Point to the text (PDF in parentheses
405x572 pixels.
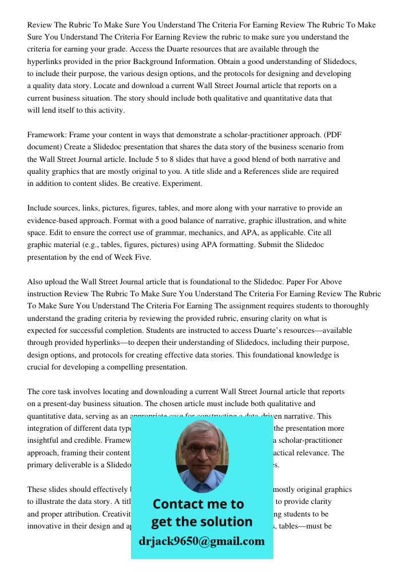point(332,135)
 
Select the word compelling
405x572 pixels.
point(130,367)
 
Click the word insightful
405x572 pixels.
point(46,441)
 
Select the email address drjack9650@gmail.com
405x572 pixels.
point(202,541)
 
